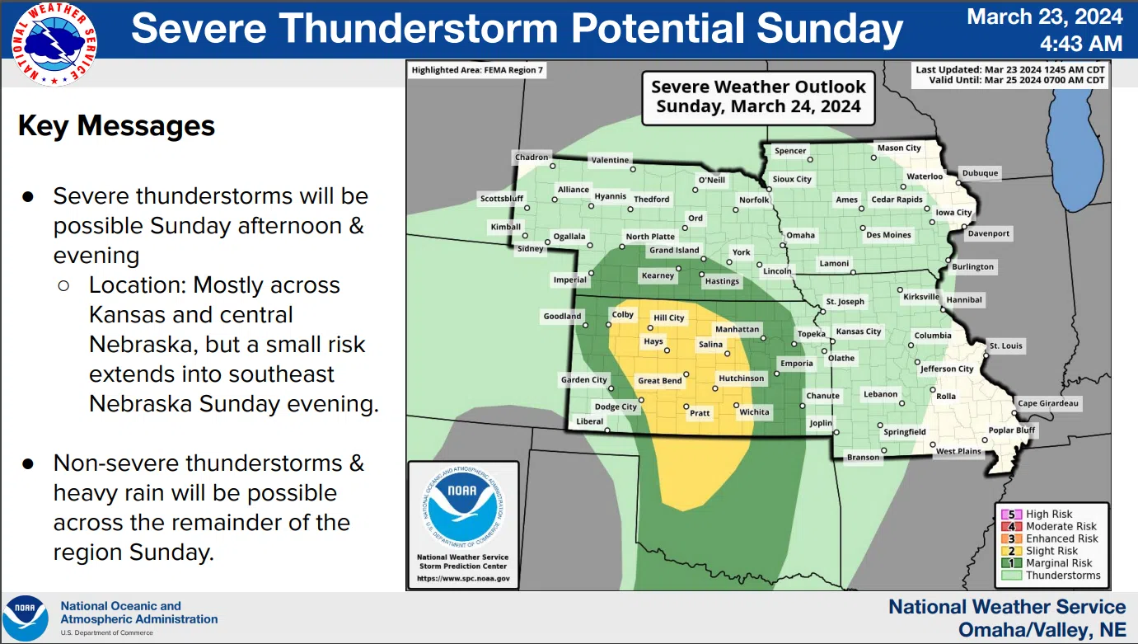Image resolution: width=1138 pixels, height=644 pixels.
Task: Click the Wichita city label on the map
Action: pos(754,411)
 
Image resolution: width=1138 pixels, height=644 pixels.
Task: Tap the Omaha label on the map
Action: pos(801,235)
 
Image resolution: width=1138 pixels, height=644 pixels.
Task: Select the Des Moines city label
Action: pos(888,235)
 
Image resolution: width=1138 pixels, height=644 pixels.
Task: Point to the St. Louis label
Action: pos(1006,346)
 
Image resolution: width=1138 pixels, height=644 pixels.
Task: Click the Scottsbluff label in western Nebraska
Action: pos(502,198)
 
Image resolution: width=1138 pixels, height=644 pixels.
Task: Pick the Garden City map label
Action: pos(583,379)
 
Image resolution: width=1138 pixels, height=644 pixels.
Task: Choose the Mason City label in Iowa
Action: pos(899,148)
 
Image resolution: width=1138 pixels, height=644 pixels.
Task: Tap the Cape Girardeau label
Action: pos(1047,403)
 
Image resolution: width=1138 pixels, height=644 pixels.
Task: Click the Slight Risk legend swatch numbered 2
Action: pos(1011,551)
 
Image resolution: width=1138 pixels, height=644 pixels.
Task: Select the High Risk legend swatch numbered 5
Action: pos(1011,515)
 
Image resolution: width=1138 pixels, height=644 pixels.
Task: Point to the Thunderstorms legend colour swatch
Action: pos(1011,576)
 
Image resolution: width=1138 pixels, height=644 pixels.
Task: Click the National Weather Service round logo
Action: pos(54,44)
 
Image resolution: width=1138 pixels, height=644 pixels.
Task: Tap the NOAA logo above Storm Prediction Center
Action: pos(463,507)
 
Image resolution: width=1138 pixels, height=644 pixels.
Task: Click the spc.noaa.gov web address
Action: pos(463,578)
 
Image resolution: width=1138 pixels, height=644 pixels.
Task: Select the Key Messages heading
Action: pos(116,126)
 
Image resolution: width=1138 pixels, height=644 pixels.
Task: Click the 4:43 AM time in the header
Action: pos(1081,44)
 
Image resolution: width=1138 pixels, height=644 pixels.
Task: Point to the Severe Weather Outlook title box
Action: pos(758,97)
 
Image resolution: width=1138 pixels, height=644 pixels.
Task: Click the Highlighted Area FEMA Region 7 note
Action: pos(477,70)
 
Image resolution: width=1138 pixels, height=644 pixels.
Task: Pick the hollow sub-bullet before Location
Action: pos(64,285)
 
